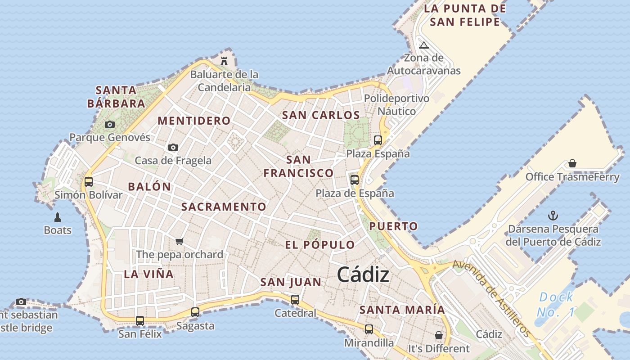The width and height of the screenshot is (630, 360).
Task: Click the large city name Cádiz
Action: coord(363,274)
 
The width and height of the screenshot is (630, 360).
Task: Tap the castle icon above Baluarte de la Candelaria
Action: coord(224,61)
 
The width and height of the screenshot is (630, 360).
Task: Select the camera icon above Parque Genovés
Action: coord(109,124)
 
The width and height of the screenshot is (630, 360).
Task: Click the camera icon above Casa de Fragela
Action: coord(173,147)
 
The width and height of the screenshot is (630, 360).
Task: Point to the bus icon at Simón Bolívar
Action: coord(89,181)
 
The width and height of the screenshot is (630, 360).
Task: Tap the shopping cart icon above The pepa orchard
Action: coord(180,241)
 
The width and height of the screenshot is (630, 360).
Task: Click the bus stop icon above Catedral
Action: coord(295,299)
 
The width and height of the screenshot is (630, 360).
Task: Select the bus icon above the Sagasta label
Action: coord(195,312)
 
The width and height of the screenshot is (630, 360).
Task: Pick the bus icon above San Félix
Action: coord(140,320)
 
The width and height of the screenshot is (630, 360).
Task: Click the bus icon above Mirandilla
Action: coord(369,329)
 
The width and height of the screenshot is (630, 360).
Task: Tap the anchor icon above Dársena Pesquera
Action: coord(553,216)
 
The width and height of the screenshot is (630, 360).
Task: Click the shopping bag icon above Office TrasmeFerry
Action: coord(572,163)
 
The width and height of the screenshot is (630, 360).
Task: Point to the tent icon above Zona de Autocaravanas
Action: coord(423,45)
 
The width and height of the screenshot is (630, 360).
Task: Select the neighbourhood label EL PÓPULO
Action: coord(320,245)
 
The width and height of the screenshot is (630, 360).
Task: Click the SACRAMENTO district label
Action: coord(224,207)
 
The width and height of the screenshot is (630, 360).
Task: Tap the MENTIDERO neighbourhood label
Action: coord(194,121)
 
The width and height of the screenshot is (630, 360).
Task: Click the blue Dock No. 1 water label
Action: coord(556,304)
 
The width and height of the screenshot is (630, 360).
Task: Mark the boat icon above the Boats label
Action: coord(58,217)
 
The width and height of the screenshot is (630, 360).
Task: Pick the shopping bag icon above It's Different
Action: coord(438,335)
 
